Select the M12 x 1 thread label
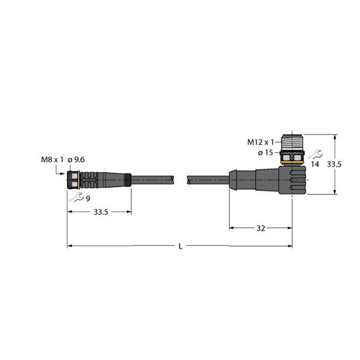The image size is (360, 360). click(261, 142)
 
